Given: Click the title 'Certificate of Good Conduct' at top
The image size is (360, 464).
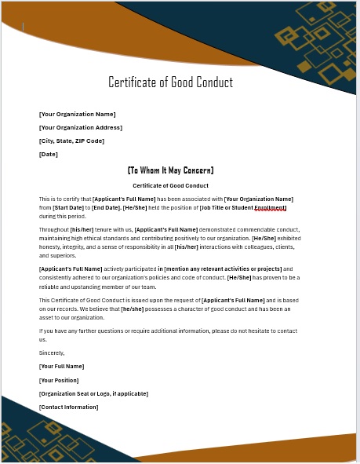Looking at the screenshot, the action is click(170, 82).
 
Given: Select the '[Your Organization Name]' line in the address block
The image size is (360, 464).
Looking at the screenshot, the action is click(78, 114).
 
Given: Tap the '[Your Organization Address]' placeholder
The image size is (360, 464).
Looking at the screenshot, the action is click(81, 127).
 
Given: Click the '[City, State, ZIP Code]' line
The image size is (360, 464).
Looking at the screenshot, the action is click(71, 141).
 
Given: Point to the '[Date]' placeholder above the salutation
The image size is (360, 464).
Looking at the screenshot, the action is click(49, 154).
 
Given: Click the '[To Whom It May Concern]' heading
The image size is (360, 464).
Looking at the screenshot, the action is click(170, 170).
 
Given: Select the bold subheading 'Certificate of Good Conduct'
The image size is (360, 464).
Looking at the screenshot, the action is click(170, 185).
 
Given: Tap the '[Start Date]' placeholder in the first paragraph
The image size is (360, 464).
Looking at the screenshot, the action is click(67, 207).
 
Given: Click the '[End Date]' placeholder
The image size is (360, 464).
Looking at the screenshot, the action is click(106, 207).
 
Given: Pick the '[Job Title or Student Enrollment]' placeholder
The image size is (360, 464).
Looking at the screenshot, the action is click(243, 207).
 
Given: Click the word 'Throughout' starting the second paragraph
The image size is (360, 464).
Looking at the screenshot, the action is click(54, 229).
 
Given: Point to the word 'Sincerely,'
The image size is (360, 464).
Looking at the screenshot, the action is click(52, 353).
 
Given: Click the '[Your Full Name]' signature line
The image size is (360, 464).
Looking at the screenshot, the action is click(61, 366).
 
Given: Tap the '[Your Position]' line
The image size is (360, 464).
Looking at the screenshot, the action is click(59, 380).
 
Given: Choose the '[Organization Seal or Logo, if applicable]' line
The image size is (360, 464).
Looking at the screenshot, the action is click(93, 393).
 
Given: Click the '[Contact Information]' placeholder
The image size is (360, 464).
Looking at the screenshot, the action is click(69, 407).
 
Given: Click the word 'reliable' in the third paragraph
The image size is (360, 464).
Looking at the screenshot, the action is click(49, 286).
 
